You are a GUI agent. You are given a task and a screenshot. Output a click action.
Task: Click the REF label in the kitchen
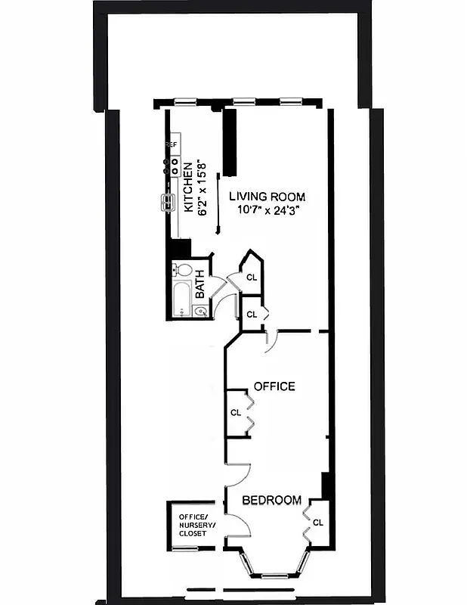point(172,144)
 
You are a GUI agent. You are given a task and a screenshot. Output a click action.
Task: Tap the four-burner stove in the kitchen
point(173,166)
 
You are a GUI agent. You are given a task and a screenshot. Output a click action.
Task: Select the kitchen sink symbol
point(167,201)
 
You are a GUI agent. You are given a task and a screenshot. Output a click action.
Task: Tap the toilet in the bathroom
point(184,269)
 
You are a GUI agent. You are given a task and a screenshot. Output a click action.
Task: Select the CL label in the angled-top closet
point(252,278)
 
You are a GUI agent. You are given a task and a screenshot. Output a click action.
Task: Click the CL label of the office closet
point(236,412)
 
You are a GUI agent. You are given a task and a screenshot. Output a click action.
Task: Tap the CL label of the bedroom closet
point(317,522)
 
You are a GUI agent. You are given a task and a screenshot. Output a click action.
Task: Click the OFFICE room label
point(274,386)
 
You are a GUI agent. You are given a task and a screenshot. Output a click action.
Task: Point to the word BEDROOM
point(271,500)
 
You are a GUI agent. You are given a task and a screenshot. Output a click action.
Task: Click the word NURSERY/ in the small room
point(196,525)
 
